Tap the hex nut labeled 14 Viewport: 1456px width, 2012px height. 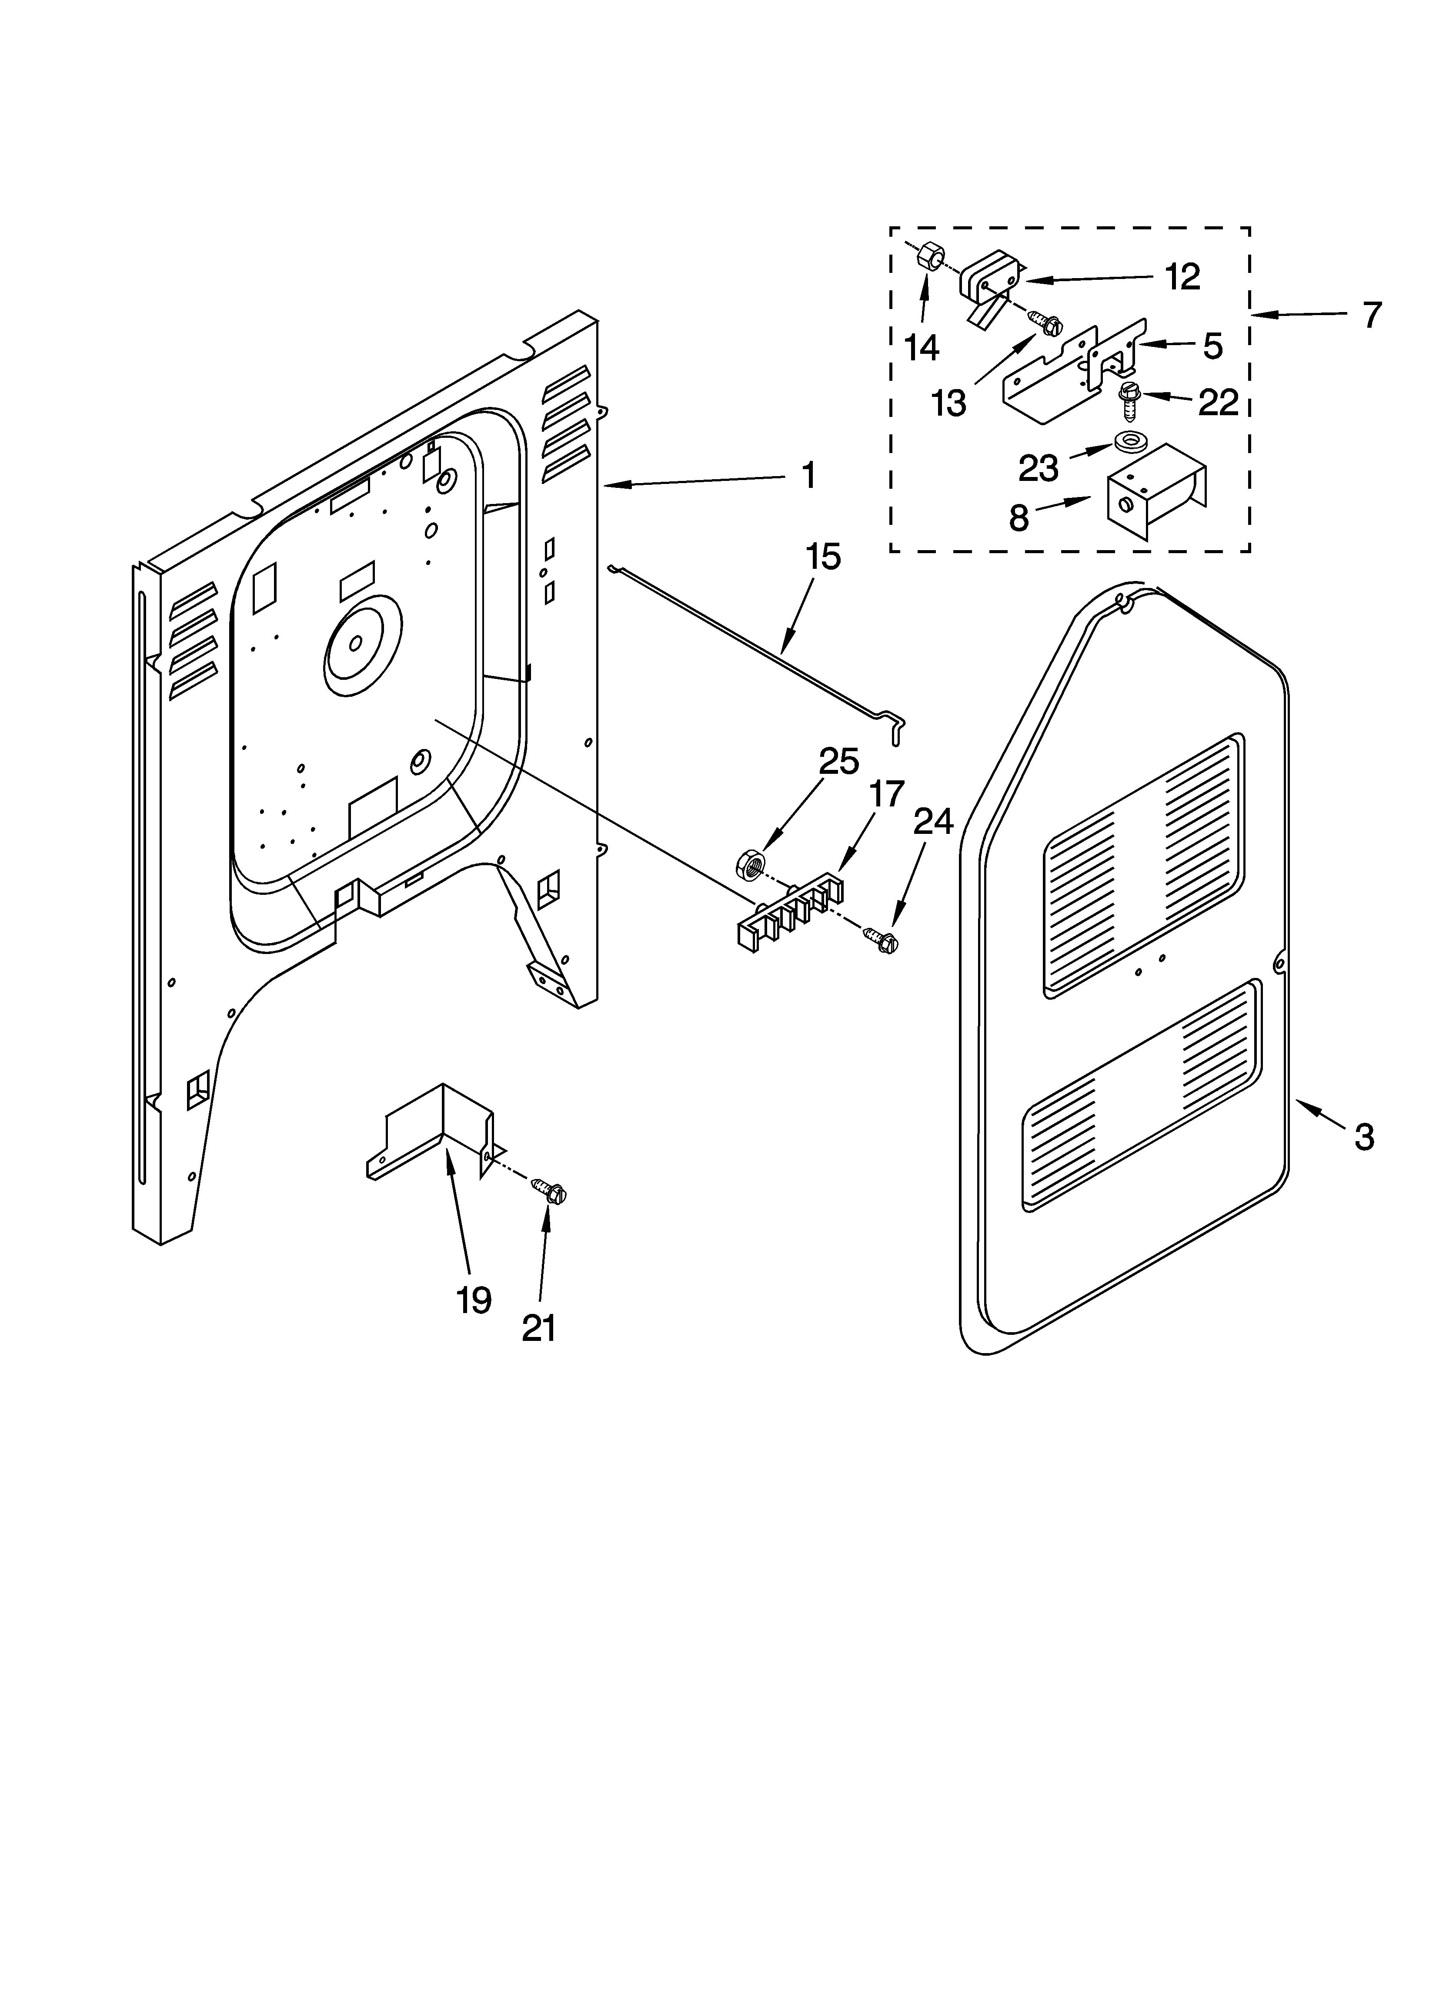tap(929, 258)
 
